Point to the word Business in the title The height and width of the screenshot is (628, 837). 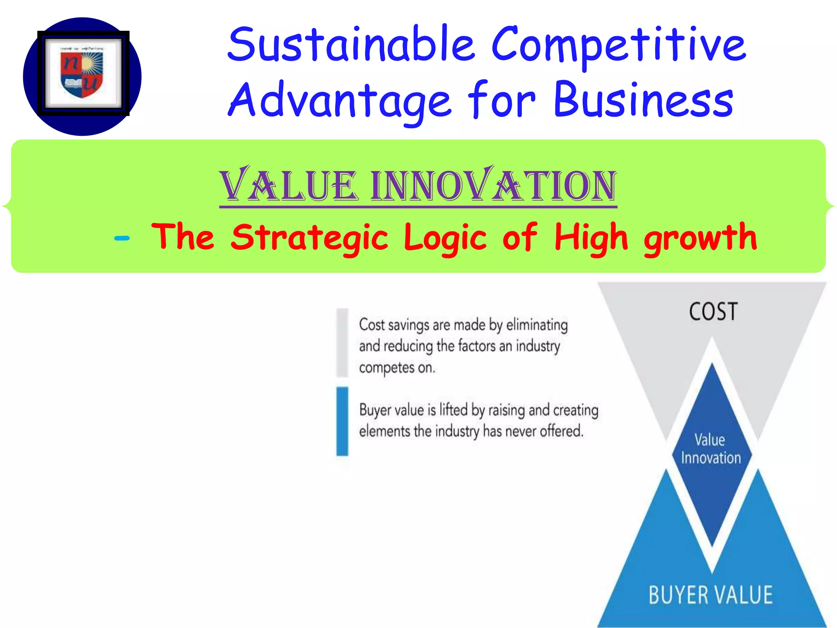click(x=643, y=100)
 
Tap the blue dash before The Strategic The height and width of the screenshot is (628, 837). click(x=122, y=238)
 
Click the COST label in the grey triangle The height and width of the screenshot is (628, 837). click(x=713, y=312)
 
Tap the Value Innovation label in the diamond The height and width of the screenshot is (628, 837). click(x=711, y=449)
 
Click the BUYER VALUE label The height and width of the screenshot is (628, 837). click(x=711, y=595)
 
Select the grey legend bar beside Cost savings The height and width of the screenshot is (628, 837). click(x=342, y=343)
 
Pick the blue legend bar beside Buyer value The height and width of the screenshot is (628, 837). click(x=342, y=421)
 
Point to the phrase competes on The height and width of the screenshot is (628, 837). click(x=397, y=367)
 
